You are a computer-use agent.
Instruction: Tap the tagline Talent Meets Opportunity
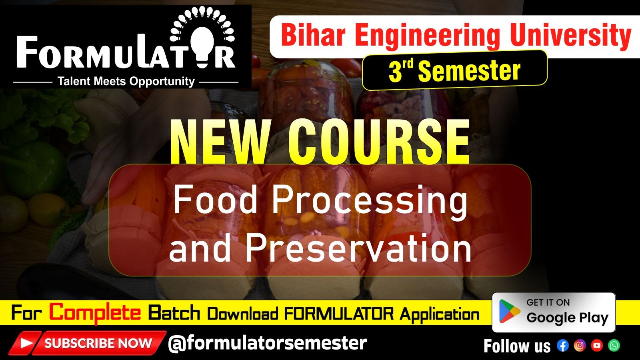point(126,82)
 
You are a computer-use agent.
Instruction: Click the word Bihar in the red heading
point(313,36)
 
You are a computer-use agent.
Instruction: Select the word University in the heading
point(571,36)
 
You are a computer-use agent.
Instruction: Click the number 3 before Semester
point(395,72)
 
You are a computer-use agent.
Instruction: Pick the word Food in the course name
point(216,200)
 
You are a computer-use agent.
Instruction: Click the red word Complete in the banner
point(95,313)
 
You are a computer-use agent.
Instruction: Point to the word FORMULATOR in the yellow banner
point(339,314)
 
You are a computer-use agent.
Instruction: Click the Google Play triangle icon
point(509,312)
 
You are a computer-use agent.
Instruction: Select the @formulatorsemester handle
point(268,343)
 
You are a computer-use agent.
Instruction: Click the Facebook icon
point(563,346)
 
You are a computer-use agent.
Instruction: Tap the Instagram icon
point(580,346)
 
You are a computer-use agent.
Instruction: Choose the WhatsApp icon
point(614,346)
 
